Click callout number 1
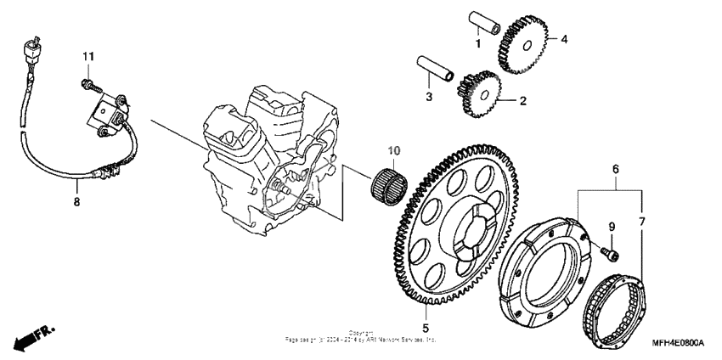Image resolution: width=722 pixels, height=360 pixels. point(478,43)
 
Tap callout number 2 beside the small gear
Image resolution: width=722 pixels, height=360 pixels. point(522,101)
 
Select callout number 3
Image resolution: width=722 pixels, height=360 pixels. point(429,97)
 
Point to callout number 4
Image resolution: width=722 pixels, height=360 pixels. point(562,38)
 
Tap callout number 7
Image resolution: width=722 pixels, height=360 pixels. point(642,222)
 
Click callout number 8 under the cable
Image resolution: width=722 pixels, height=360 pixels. point(76,203)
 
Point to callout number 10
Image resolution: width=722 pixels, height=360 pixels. point(393,151)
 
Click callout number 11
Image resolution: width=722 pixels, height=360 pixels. point(86,56)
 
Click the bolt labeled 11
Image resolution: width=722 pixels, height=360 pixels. point(87,82)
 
